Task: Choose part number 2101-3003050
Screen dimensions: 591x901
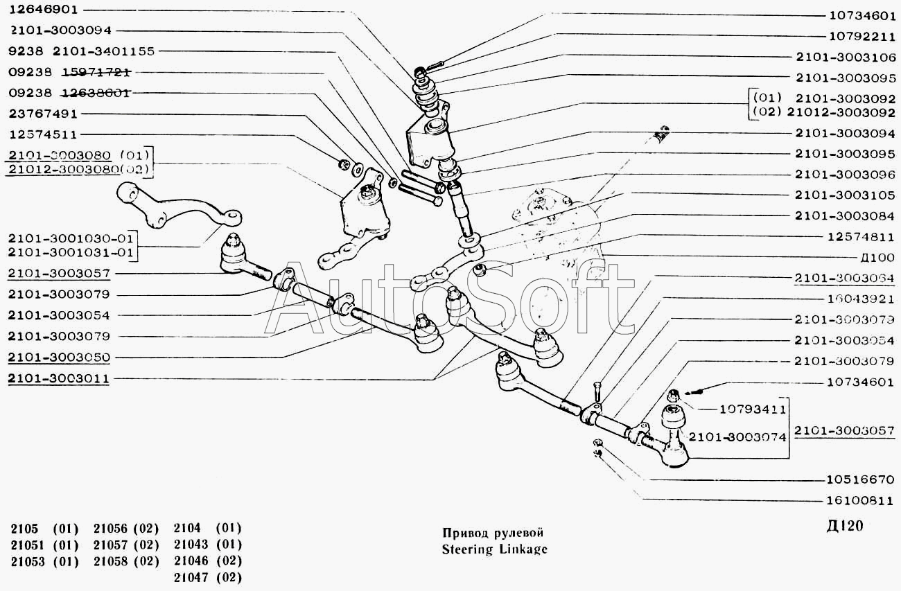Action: click(x=59, y=358)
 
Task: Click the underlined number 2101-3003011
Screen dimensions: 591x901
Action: click(x=59, y=379)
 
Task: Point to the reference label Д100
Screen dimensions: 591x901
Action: click(x=877, y=258)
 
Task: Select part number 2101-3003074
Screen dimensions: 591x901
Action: click(x=736, y=436)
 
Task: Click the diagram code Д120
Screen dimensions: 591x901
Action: click(x=846, y=526)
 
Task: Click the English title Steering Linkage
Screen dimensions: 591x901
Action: click(x=494, y=549)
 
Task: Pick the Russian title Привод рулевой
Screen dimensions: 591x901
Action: click(x=492, y=533)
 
